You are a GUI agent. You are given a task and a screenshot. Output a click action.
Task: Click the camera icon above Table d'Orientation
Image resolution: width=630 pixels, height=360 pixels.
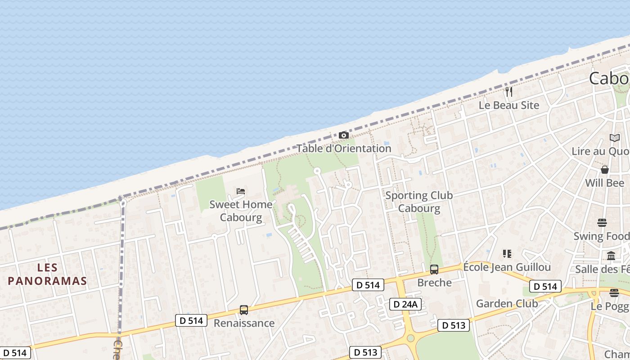coord(343,135)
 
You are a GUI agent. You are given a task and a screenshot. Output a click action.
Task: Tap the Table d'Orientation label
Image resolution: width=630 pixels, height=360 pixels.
coord(343,148)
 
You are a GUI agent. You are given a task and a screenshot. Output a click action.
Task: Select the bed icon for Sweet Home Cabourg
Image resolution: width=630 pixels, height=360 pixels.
coord(241,191)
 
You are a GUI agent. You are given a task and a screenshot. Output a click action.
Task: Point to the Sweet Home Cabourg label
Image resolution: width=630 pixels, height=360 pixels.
coord(241,211)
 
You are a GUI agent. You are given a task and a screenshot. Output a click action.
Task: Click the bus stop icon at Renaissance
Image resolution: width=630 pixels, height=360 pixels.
coord(244,310)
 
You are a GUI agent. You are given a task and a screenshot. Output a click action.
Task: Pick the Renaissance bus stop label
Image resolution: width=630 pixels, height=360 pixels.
coord(244,323)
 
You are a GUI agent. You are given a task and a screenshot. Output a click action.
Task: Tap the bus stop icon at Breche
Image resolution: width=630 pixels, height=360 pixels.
coord(434,270)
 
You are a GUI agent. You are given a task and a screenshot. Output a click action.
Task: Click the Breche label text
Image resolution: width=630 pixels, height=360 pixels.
coord(434,283)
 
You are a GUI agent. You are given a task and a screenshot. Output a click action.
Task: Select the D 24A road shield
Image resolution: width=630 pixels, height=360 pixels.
coord(405,304)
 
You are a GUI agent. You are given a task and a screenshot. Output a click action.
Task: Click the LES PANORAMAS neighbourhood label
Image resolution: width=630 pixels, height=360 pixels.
coord(47,274)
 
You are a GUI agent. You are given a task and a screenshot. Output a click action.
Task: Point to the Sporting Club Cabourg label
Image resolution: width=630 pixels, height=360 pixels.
coord(419,202)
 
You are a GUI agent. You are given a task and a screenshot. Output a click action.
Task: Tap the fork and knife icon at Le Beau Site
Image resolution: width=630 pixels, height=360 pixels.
coord(509,92)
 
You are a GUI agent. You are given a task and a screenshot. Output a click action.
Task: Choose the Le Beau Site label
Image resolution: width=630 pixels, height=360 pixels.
coord(509,105)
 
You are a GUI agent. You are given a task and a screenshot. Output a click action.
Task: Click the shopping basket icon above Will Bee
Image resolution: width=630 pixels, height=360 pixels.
coord(605,170)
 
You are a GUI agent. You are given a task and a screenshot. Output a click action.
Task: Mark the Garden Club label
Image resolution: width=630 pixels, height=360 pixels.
coord(507,303)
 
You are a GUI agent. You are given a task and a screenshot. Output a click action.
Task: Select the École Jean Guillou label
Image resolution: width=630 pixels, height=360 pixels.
coord(507,267)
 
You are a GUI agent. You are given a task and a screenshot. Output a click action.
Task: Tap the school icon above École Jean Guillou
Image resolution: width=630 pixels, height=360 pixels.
coord(507,254)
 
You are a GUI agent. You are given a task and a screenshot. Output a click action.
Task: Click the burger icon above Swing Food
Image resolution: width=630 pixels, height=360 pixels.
coord(602,223)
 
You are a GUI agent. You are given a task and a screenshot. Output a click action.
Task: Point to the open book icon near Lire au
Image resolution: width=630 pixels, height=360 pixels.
coord(614,138)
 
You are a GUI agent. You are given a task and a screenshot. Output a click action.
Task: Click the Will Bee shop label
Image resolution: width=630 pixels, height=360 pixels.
coord(605,183)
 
